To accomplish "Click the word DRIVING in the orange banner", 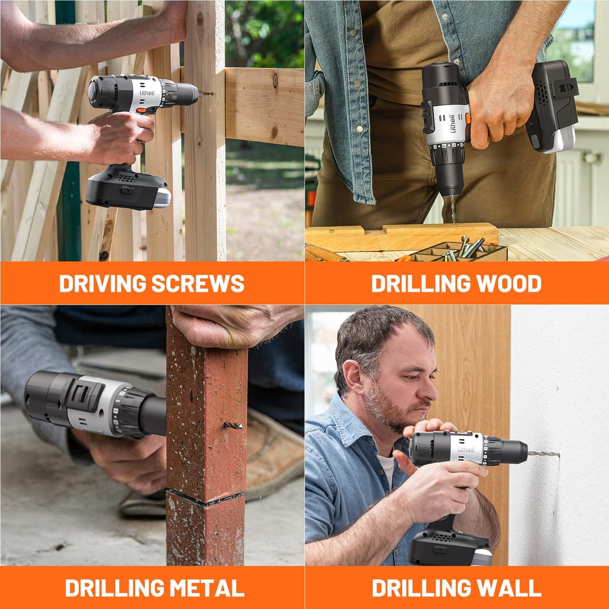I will (103, 283).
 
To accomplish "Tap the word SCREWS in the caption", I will (198, 283).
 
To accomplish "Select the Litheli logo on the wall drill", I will (467, 449).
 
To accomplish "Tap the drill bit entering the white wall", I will (544, 454).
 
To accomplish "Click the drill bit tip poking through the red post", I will (233, 426).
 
